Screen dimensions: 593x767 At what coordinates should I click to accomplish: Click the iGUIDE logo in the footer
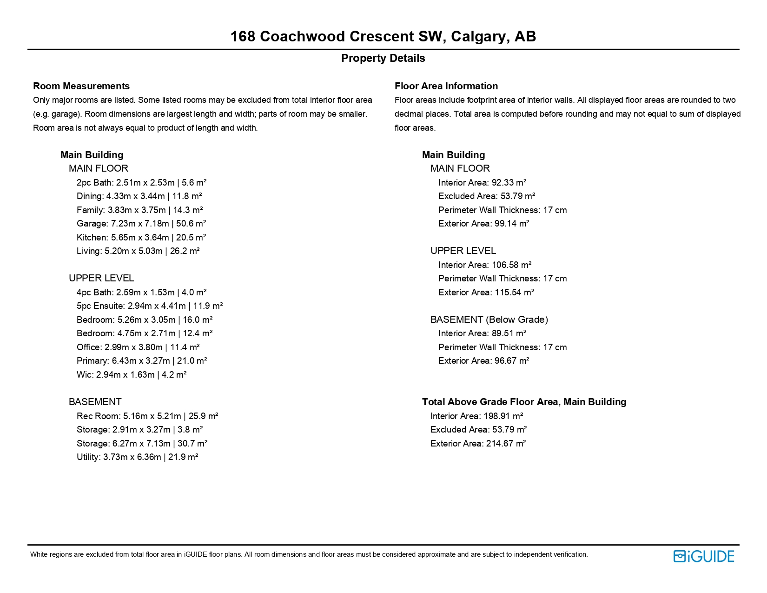704,556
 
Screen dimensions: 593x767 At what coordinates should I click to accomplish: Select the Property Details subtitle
383,58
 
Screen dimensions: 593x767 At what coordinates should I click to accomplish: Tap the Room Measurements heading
81,86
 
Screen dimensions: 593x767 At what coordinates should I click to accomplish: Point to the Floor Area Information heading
446,86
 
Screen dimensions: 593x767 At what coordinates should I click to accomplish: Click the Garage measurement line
141,224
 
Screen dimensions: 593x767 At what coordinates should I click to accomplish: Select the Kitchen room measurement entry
141,237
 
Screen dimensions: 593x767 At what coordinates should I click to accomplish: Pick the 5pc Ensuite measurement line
150,306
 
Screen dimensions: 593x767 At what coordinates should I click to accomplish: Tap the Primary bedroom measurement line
142,361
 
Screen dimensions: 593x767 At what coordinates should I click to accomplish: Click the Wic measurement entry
132,375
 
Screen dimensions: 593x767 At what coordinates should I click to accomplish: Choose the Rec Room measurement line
147,416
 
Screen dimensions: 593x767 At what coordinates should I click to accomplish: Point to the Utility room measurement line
138,457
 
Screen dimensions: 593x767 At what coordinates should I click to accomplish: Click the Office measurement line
138,347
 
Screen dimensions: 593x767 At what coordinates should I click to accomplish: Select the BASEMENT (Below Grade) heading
489,320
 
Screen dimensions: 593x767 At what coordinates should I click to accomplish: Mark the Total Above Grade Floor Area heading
524,402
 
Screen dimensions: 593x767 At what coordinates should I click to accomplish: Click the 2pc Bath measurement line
141,183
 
